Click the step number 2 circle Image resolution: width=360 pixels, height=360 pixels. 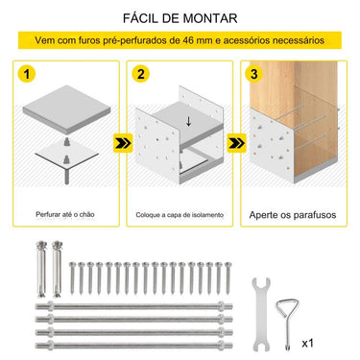click(x=141, y=73)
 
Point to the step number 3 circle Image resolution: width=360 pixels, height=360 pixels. click(x=252, y=73)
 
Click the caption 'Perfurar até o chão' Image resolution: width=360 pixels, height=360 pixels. click(x=64, y=216)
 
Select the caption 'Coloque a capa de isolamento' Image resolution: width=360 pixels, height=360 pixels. click(x=179, y=216)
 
